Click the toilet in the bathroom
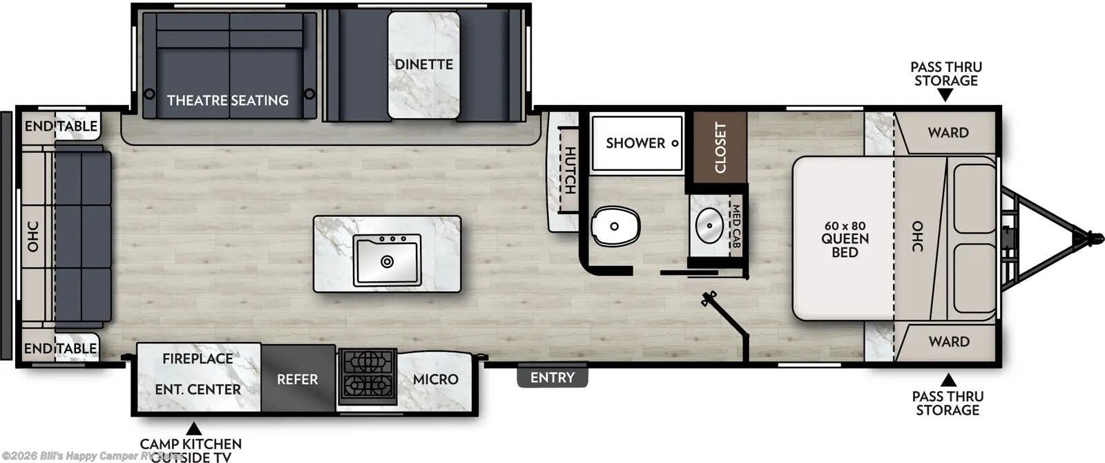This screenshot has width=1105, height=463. coord(615,226)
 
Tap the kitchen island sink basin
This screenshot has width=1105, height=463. coord(387,260)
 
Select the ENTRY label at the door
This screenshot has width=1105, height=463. coord(552,377)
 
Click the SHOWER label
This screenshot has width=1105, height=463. coord(635,143)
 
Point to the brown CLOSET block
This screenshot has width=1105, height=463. coord(720,147)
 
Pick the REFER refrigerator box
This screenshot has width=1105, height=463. coord(298,379)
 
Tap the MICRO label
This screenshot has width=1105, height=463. coord(435,379)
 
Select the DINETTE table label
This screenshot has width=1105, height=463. coord(424,64)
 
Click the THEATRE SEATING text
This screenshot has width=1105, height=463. coord(228,100)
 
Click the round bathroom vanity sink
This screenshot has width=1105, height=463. coord(709,225)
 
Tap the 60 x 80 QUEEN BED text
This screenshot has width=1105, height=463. coord(845,239)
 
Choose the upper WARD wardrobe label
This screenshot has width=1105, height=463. coord(948,133)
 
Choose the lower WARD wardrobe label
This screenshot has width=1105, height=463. coord(948,341)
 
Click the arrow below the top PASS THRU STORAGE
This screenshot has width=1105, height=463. coord(945,95)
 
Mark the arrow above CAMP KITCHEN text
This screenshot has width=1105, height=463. coord(194,428)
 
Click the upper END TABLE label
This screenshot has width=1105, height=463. coord(61,126)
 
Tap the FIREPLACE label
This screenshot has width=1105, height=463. coord(198,359)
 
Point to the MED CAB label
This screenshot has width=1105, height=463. coord(736,227)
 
